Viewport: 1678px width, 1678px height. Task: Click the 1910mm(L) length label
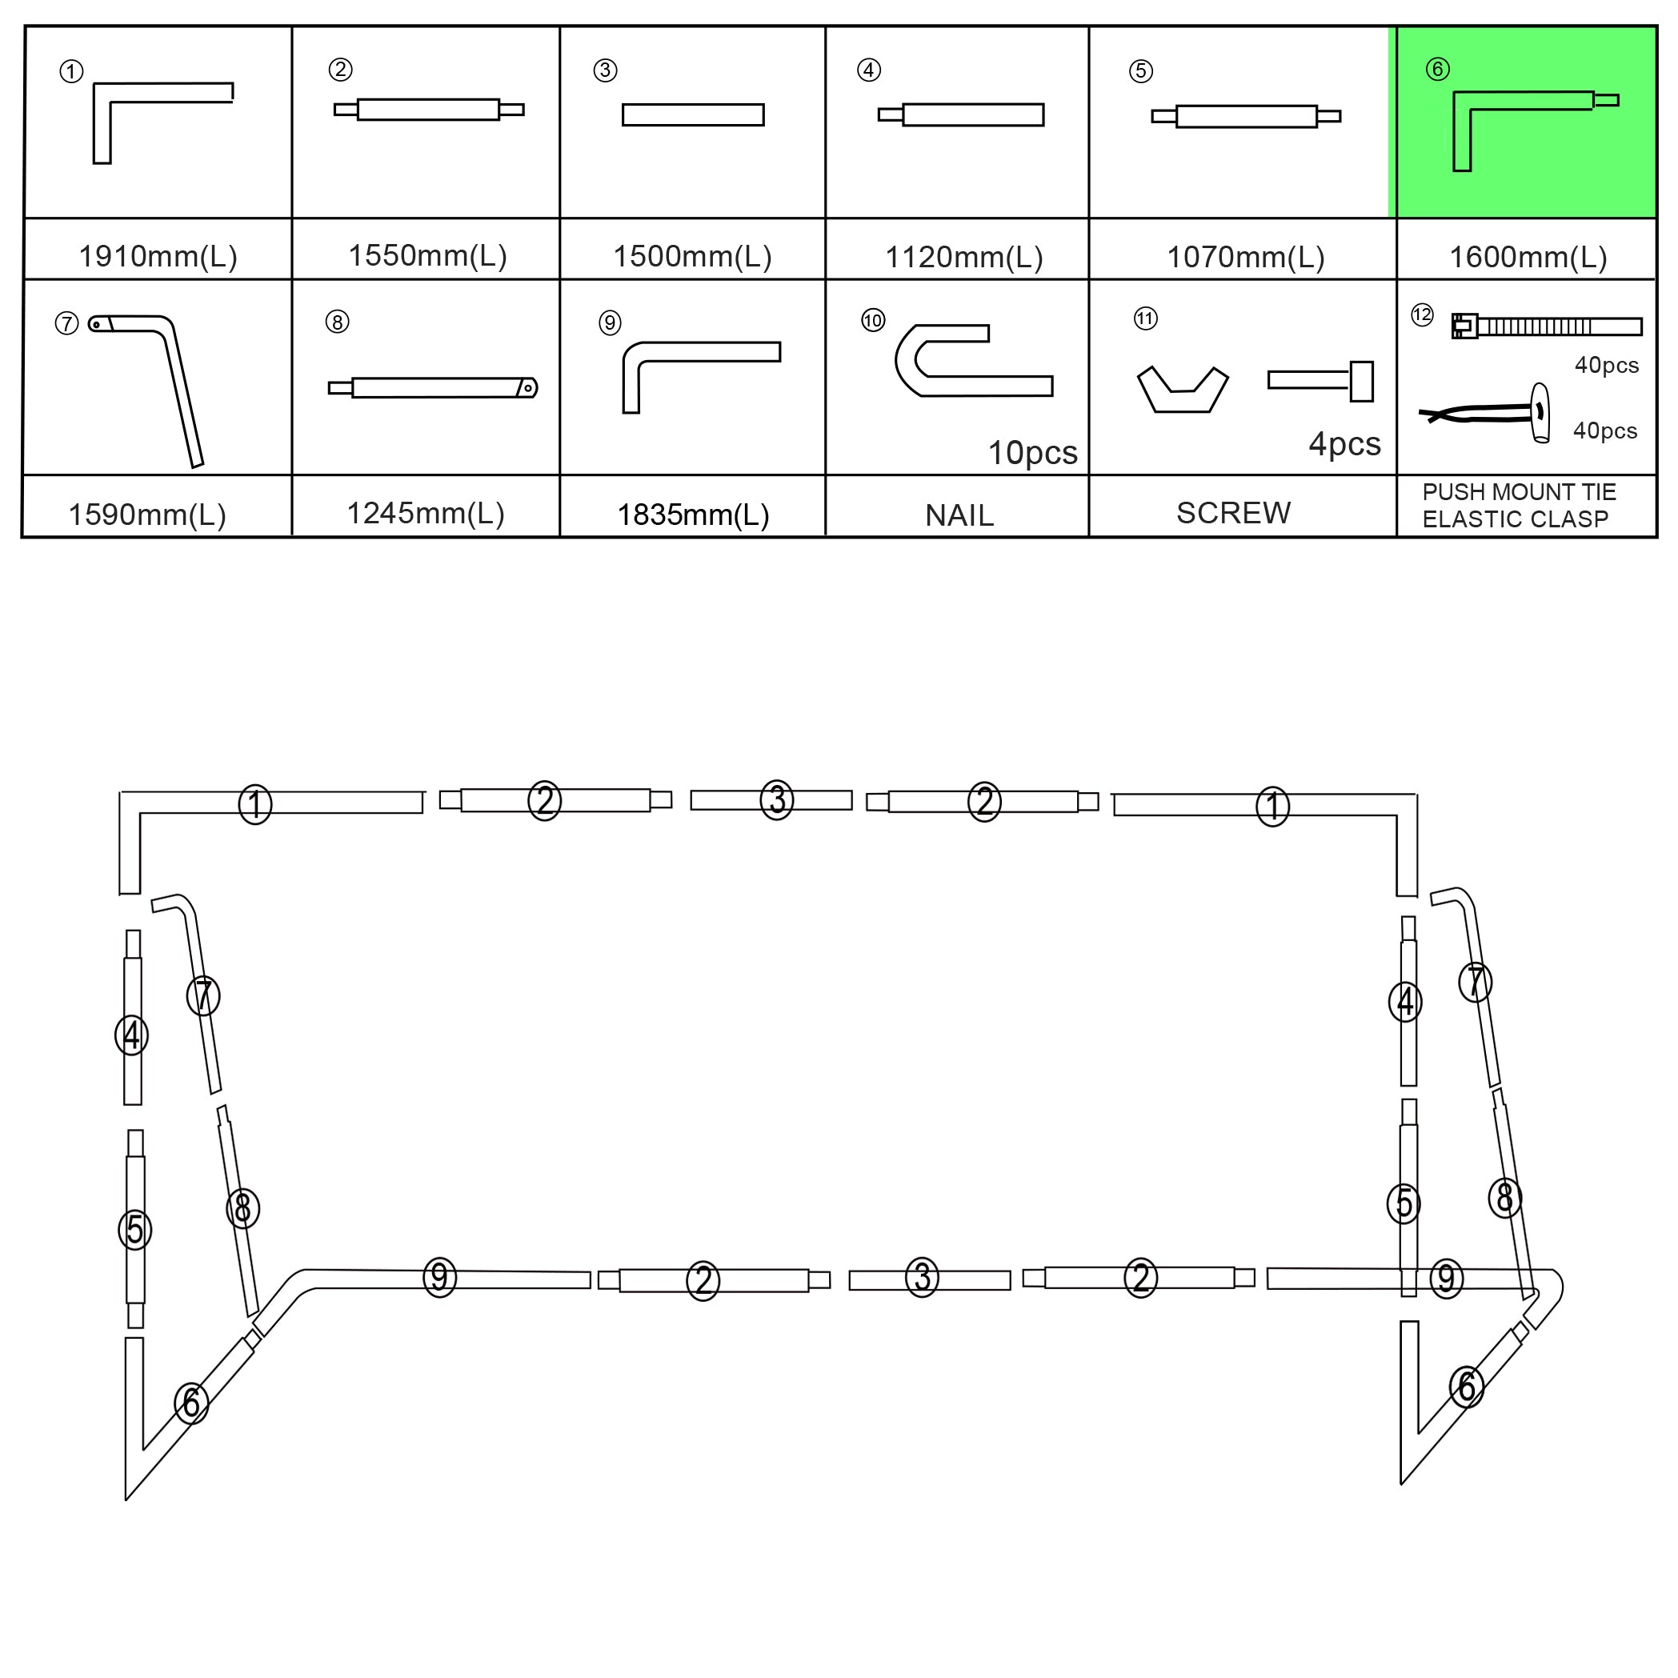click(158, 256)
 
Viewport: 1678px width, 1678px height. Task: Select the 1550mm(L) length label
click(427, 255)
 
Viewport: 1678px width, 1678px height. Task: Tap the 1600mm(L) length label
click(1528, 257)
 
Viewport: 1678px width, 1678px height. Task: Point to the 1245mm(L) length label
click(426, 513)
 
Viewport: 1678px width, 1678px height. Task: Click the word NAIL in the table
click(959, 515)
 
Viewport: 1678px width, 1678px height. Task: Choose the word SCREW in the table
click(1233, 512)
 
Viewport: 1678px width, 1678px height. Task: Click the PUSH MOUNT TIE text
click(1519, 491)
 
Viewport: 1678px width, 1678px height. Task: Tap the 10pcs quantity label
click(1033, 451)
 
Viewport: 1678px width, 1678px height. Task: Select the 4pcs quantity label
click(1344, 444)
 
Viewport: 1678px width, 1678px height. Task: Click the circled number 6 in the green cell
click(1437, 69)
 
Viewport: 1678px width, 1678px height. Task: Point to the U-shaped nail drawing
click(974, 359)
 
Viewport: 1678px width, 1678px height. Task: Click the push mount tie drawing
click(1547, 326)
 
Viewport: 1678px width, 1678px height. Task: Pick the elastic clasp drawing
click(1484, 413)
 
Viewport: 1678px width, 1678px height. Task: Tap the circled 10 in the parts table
click(872, 321)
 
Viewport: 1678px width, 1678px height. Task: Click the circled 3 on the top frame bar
click(776, 800)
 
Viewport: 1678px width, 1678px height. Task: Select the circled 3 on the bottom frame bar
click(922, 1277)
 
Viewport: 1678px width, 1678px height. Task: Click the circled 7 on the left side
click(203, 995)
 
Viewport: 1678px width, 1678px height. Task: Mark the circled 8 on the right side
click(1504, 1198)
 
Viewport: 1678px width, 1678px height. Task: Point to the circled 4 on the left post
click(132, 1035)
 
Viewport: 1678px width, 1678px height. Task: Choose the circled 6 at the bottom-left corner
click(191, 1403)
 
